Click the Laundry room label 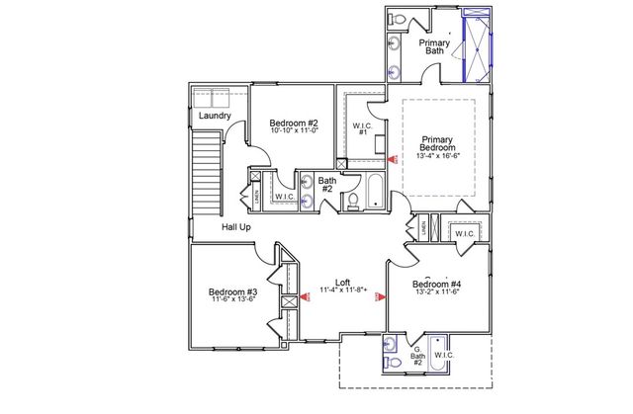tap(215, 116)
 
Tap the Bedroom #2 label tap(294, 124)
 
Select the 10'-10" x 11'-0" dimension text tap(294, 132)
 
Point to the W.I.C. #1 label tap(361, 128)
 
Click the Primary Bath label tap(435, 47)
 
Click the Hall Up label tap(235, 227)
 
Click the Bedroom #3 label tap(233, 292)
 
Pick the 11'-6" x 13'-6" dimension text tap(233, 300)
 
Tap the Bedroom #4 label tap(437, 284)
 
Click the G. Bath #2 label tap(417, 357)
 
